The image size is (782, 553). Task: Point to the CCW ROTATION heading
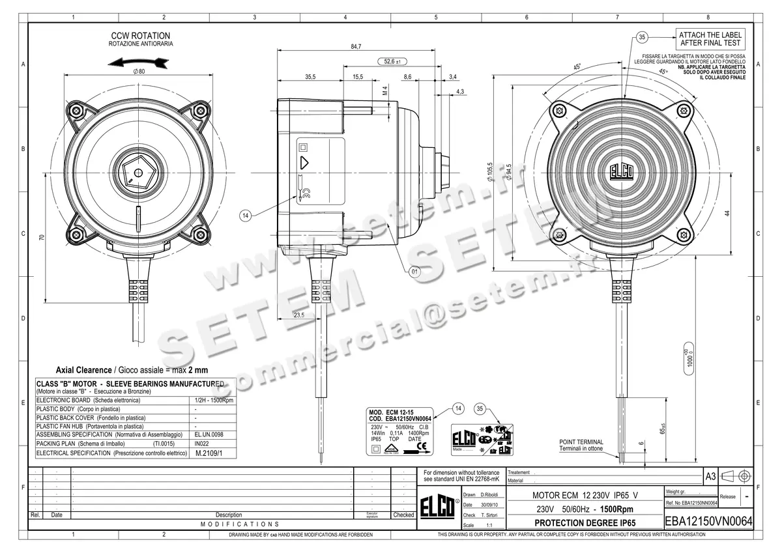click(x=140, y=36)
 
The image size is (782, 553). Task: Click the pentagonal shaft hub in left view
click(x=137, y=172)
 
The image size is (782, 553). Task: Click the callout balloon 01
click(x=414, y=272)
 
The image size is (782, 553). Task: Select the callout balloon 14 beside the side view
click(x=245, y=215)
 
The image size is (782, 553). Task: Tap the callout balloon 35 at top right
click(x=642, y=37)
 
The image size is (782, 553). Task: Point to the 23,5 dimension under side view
click(x=299, y=315)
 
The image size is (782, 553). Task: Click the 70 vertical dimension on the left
click(x=42, y=238)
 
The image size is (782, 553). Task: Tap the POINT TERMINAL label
click(x=581, y=442)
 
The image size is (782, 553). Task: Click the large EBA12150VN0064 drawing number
click(x=708, y=522)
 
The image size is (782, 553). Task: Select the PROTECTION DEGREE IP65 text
click(x=585, y=523)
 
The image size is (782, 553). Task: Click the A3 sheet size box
click(x=710, y=477)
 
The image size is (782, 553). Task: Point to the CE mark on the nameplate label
click(x=422, y=446)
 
